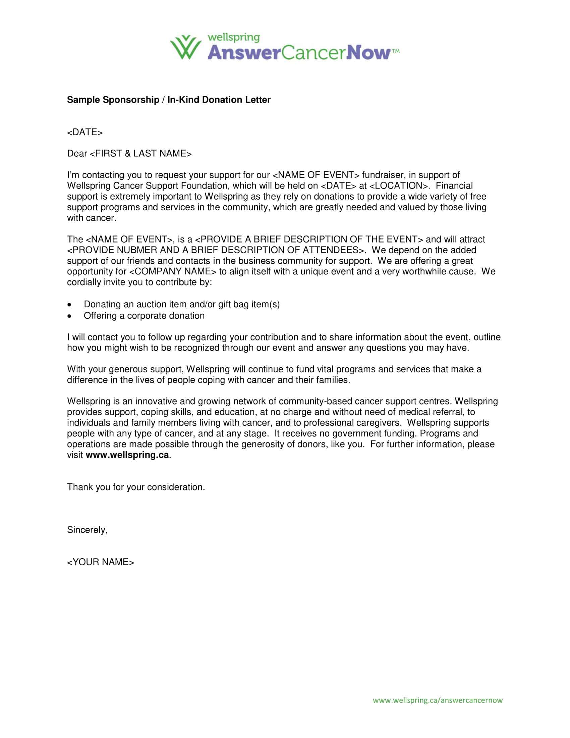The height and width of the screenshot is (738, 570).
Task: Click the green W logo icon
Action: pos(185,47)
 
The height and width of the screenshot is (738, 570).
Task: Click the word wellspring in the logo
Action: pos(233,38)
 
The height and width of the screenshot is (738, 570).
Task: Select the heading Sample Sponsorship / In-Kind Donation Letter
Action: pos(169,100)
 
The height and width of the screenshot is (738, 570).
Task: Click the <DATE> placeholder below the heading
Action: pos(85,132)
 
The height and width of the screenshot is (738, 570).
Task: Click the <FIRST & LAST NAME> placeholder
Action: pos(140,154)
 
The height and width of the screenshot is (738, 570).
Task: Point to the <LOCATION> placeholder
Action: pos(399,186)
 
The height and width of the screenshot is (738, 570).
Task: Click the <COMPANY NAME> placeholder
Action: pos(173,272)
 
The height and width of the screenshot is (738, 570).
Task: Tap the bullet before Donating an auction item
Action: pos(69,305)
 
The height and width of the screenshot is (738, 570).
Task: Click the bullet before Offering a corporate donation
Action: pos(69,316)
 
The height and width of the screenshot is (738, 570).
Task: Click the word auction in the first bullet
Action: pos(151,305)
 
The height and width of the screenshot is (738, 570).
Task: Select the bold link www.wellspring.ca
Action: pos(127,455)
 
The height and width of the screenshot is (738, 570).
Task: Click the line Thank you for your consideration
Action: pos(136,487)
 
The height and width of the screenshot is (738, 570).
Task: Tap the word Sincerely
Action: pos(87,530)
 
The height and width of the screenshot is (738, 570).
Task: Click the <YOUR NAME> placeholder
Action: pos(101,562)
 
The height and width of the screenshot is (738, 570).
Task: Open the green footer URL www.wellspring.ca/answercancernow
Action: pos(438,700)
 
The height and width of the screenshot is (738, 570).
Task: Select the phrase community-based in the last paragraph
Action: pos(315,402)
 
